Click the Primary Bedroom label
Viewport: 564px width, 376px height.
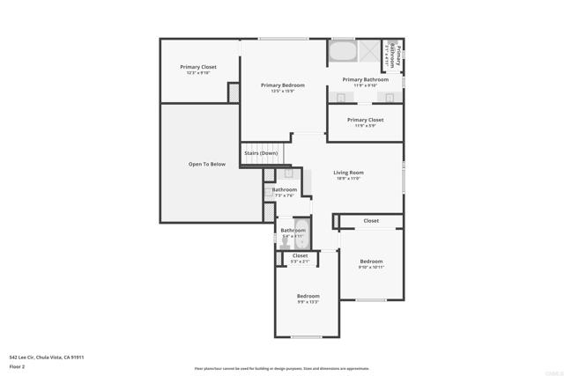point(283,85)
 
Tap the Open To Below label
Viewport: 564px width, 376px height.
point(207,164)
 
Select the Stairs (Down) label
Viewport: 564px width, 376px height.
point(262,153)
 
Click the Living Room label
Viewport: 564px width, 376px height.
point(348,172)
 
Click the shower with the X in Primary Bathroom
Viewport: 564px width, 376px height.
point(369,50)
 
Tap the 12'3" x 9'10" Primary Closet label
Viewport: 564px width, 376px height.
point(198,73)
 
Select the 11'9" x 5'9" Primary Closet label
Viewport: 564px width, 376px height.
point(365,125)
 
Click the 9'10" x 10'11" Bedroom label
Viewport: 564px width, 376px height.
point(371,267)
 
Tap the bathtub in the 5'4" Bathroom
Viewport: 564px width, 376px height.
point(302,230)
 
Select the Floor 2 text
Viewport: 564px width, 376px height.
point(18,365)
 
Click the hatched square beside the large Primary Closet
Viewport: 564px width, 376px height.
point(234,92)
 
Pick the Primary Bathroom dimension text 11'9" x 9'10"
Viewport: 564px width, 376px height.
point(365,85)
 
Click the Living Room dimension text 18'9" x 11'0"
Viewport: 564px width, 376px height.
point(348,178)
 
